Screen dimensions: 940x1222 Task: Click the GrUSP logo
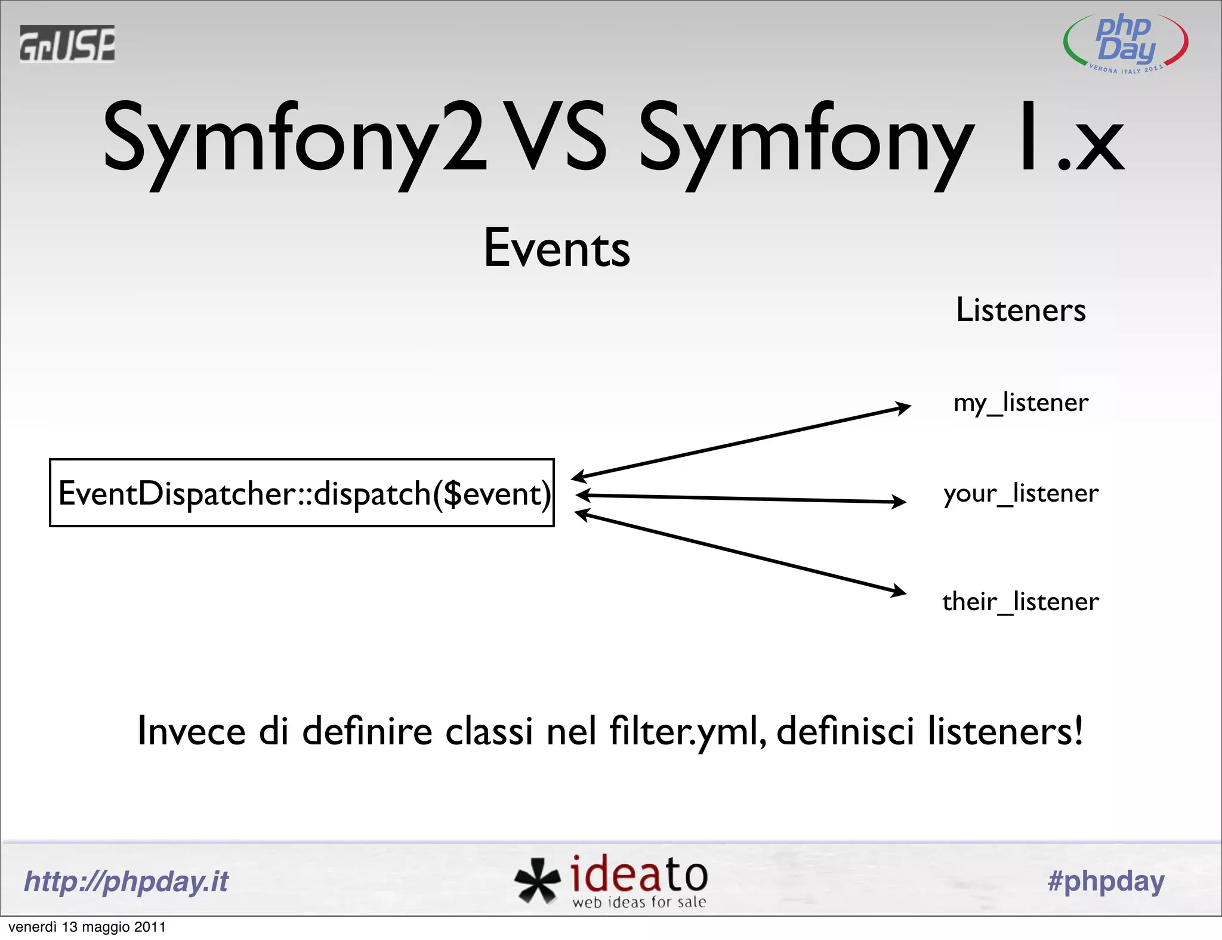pos(67,44)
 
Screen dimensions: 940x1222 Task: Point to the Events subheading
pos(556,248)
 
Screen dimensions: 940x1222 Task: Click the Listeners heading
pos(1020,310)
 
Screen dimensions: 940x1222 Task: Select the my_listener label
pos(1020,403)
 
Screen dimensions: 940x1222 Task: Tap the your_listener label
pos(1020,494)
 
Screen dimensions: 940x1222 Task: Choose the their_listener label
pos(1020,602)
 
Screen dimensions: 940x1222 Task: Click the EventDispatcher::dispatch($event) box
pos(302,493)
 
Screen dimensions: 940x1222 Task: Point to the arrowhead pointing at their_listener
pos(898,592)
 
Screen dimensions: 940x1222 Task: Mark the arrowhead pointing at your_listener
pos(899,502)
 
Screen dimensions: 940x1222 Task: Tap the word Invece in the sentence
pos(191,731)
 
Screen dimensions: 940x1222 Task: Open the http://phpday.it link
pos(126,882)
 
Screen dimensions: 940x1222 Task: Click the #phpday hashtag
pos(1106,882)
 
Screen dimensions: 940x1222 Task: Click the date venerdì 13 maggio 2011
pos(87,927)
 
